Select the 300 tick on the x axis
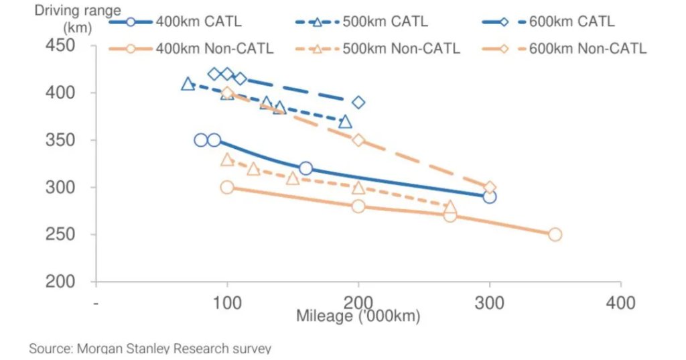coord(490,302)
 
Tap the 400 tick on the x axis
coord(621,302)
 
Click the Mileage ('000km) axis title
coord(358,315)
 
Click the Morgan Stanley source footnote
coord(150,349)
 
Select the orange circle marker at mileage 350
coord(555,235)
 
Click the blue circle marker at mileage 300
coord(490,197)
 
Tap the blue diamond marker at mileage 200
coord(358,103)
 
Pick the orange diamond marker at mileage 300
coord(490,188)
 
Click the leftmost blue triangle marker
coord(188,84)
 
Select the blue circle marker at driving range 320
coord(305,168)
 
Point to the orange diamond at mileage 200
coord(358,140)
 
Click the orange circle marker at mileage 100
coord(227,187)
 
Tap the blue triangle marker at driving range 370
coord(345,121)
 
